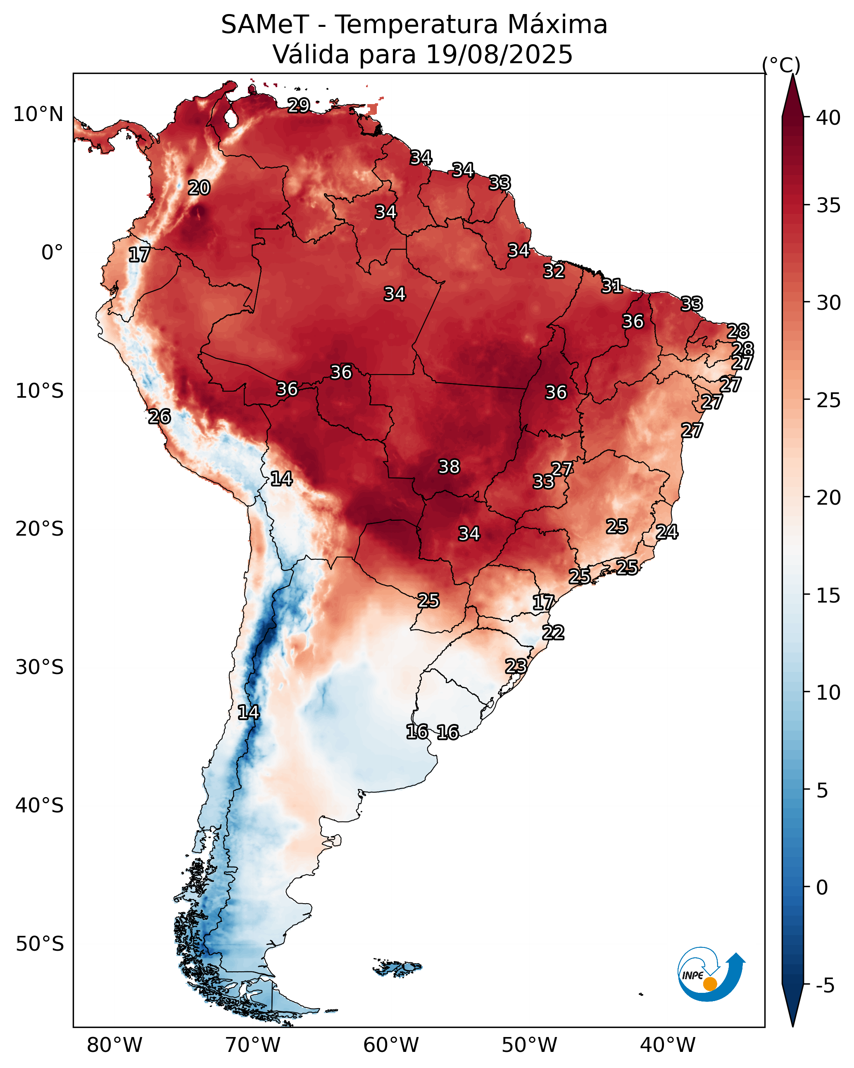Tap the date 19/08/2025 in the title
tap(499, 55)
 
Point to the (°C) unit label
tap(780, 65)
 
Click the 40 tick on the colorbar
tap(828, 118)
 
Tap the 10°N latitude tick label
tap(38, 114)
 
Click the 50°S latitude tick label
tap(40, 944)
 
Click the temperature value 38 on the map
tap(449, 467)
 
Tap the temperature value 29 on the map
tap(299, 105)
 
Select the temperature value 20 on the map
tap(199, 188)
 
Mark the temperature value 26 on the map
tap(159, 417)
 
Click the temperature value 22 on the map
tap(553, 633)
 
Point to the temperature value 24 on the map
tap(667, 532)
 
